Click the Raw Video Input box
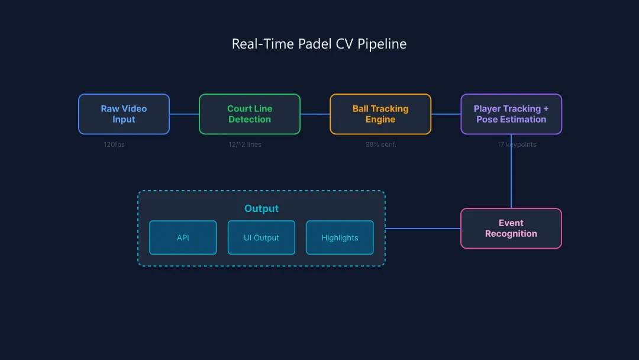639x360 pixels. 124,114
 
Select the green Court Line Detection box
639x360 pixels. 249,114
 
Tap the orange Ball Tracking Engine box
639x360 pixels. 380,114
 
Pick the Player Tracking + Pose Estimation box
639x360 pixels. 511,114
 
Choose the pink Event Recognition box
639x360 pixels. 511,229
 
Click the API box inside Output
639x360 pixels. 183,237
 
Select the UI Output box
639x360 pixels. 261,237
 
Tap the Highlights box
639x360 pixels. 340,237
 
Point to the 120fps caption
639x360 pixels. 114,144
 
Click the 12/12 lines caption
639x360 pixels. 245,144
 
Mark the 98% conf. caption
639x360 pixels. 380,144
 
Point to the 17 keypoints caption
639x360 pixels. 517,144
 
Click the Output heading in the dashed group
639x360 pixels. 261,208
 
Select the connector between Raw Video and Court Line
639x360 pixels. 184,114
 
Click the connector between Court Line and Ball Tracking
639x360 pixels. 315,114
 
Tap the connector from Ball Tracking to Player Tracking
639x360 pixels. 446,114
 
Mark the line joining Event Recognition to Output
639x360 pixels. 423,229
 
